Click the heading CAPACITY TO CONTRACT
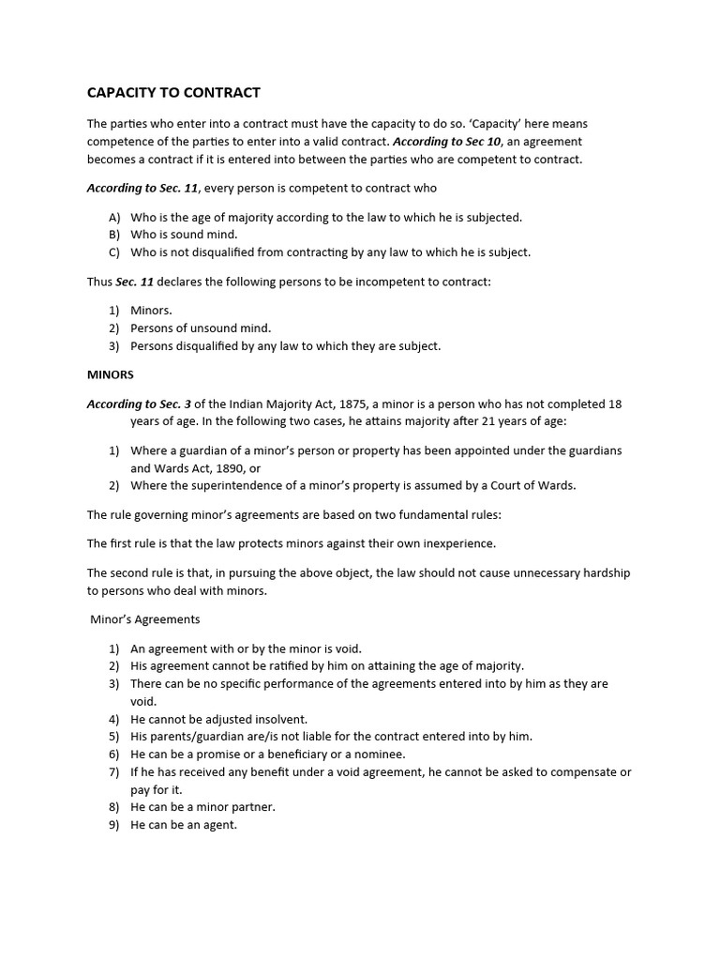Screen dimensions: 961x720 (173, 93)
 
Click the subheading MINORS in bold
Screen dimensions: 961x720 (111, 374)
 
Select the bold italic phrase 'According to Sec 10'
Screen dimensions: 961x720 (448, 142)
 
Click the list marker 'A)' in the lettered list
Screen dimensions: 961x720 (115, 217)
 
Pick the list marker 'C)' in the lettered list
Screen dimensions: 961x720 (115, 252)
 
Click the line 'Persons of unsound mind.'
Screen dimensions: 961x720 (201, 328)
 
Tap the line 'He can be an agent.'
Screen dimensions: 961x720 (184, 825)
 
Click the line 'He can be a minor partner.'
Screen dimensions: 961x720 (202, 807)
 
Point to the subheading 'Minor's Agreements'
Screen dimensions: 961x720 (145, 619)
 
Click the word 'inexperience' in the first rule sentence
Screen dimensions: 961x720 (459, 543)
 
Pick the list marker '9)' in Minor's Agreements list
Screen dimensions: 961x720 (114, 825)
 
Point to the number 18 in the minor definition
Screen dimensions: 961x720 (614, 404)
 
